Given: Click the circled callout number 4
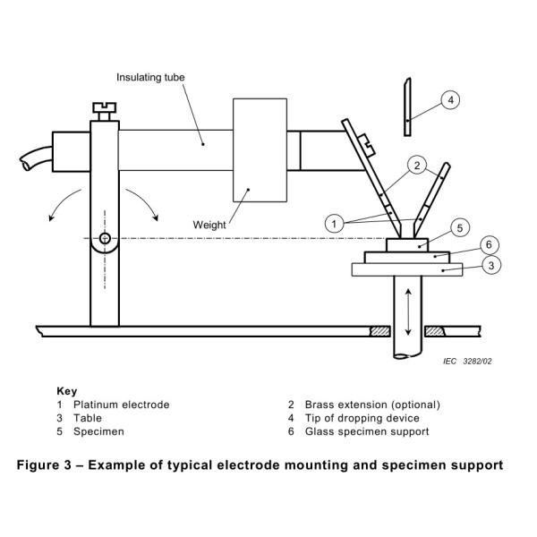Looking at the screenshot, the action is coord(450,100).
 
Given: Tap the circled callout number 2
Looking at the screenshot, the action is coord(417,166).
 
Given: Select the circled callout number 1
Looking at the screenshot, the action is coord(334,224).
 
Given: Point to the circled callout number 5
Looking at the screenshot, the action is coord(460,227).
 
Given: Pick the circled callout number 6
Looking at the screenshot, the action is coord(489,244).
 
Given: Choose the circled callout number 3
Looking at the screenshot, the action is coord(491,265).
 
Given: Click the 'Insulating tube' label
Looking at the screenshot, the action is coord(150,77).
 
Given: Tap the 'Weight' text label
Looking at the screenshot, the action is coord(209,225).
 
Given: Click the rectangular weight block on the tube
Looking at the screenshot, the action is coord(260,150).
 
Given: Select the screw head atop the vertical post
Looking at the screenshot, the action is coord(105,108).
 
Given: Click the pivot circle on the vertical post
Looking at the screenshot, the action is coord(105,238).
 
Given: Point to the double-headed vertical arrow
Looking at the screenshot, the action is coord(408,312).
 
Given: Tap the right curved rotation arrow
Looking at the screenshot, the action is coord(144,201).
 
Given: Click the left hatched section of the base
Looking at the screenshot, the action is coord(380,331).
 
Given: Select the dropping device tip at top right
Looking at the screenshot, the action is coord(407,107).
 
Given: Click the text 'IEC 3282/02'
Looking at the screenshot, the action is coord(467,362).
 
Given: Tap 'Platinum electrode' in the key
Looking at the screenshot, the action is coord(121,405).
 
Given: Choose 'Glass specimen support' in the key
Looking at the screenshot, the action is coord(367,431).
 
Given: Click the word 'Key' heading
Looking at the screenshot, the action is coord(67,391).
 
